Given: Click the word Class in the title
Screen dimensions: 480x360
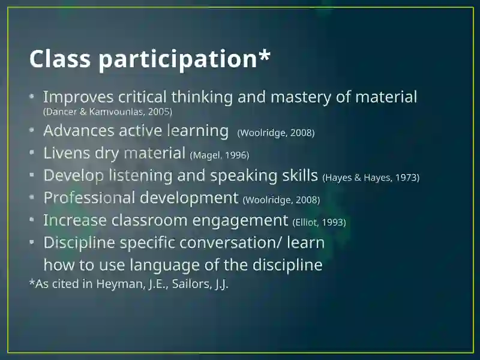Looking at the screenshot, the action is [x=60, y=58].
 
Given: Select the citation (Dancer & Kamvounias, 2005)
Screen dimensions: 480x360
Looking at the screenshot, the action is [x=108, y=112].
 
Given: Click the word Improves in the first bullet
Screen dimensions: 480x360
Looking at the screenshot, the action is [x=79, y=97].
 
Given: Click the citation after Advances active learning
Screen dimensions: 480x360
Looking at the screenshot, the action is [x=276, y=133].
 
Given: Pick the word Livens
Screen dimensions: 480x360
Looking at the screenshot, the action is [x=67, y=152].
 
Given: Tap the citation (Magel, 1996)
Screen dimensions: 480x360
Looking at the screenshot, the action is [x=220, y=155].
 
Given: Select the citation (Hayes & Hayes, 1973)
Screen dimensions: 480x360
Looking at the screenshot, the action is [x=371, y=178].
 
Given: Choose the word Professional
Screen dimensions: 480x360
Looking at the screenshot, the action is [x=89, y=197].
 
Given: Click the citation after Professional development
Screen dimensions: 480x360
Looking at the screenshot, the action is [x=281, y=200].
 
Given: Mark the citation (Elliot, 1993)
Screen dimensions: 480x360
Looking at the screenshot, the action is [x=319, y=222].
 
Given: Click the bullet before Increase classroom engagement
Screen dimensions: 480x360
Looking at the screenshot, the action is [x=32, y=220].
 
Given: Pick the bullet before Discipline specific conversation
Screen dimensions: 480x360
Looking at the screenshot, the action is [x=32, y=242].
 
